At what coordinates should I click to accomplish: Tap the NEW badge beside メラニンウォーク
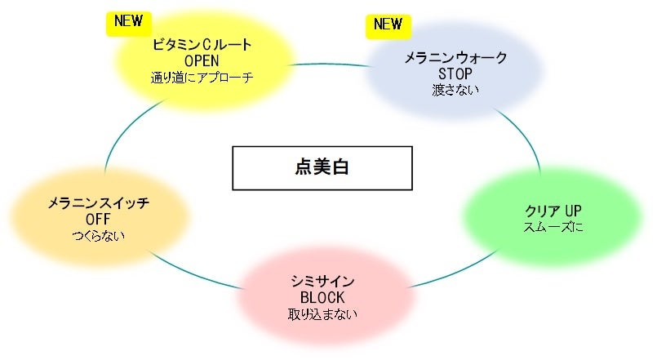387,24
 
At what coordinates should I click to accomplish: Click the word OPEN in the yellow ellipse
203,61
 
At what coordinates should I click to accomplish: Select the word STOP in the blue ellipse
455,73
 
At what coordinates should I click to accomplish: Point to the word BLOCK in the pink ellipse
322,297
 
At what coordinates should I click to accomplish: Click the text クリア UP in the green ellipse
553,210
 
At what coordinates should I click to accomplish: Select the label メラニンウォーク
456,58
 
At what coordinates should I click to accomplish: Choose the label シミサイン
322,281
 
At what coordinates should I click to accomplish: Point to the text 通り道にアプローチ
202,78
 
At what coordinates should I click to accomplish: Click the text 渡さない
455,90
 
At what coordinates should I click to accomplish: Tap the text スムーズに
553,227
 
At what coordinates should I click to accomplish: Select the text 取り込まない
322,314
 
